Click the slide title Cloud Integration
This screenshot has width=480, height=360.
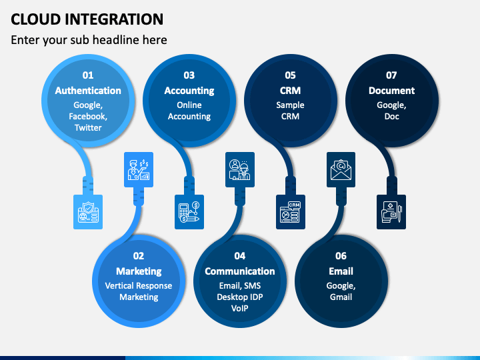tap(87, 19)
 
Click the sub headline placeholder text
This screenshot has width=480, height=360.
tap(89, 40)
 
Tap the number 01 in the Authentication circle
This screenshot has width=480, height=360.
tap(88, 75)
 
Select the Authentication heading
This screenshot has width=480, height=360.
tap(88, 91)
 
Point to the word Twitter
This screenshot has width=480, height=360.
tap(88, 127)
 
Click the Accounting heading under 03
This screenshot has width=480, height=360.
tap(189, 91)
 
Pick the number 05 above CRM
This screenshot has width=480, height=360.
tap(290, 75)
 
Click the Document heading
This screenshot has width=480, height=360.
tap(391, 91)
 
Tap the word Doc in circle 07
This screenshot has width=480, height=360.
tap(391, 116)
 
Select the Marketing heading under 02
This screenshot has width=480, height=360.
tap(139, 271)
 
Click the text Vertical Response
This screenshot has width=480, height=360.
tap(139, 286)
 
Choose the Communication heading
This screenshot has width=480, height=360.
tap(240, 271)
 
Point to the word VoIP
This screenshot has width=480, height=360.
tap(240, 308)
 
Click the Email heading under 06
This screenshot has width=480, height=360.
tap(341, 271)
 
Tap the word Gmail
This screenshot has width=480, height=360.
tap(341, 297)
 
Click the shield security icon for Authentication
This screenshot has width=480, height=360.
tap(88, 212)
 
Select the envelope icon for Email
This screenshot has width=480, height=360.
tap(341, 169)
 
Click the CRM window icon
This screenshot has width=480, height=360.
tap(291, 212)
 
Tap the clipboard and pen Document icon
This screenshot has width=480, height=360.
tap(391, 212)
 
